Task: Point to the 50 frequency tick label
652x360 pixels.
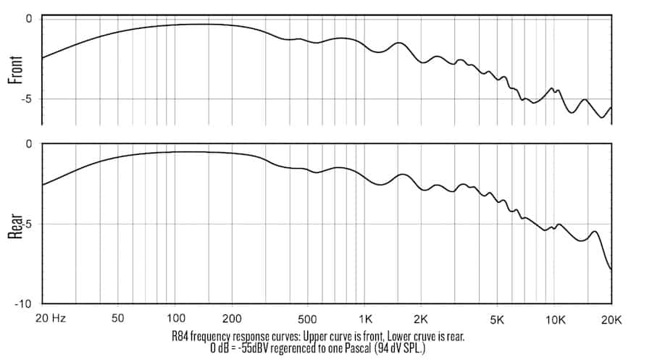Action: pyautogui.click(x=119, y=318)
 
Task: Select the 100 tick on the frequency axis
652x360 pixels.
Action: pyautogui.click(x=175, y=318)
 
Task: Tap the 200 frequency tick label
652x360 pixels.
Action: pyautogui.click(x=232, y=318)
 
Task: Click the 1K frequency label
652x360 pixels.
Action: pyautogui.click(x=366, y=318)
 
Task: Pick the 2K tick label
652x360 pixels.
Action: pyautogui.click(x=422, y=318)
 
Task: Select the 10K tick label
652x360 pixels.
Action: pyautogui.click(x=555, y=318)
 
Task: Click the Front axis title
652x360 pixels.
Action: pyautogui.click(x=14, y=70)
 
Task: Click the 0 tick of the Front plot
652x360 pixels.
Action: pyautogui.click(x=30, y=18)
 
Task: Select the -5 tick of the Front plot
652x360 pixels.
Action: pyautogui.click(x=27, y=99)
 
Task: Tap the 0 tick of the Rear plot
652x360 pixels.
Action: pyautogui.click(x=30, y=144)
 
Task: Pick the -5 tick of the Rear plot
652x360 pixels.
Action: pyautogui.click(x=27, y=224)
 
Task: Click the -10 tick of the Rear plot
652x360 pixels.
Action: pyautogui.click(x=24, y=304)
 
